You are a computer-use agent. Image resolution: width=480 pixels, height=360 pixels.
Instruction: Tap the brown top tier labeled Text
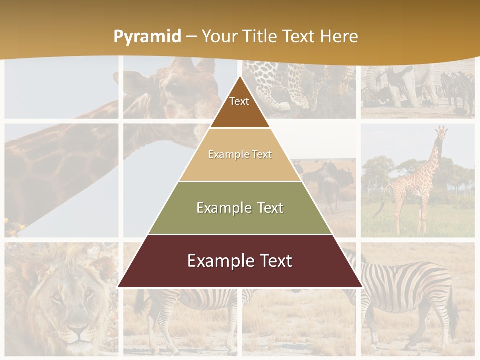[x=239, y=105]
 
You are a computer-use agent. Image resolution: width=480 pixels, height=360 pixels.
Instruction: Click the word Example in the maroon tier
[x=216, y=261]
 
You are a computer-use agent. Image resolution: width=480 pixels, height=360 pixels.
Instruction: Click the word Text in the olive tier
[x=267, y=208]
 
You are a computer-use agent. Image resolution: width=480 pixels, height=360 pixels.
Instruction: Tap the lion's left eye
[x=56, y=297]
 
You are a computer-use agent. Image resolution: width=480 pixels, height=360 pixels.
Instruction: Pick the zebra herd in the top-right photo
[x=455, y=90]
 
